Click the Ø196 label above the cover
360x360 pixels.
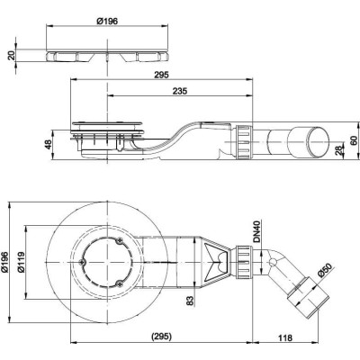pos(107,21)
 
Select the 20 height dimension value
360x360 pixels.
pos(12,56)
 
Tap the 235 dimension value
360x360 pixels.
pos(180,91)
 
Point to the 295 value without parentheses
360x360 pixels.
pos(161,75)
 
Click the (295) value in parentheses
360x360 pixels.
pos(161,337)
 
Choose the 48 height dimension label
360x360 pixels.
pos(48,145)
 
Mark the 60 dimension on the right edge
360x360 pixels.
pos(355,140)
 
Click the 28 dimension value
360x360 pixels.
pos(339,150)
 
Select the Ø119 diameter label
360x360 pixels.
pos(21,262)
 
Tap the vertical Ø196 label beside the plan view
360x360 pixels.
pos(5,262)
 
